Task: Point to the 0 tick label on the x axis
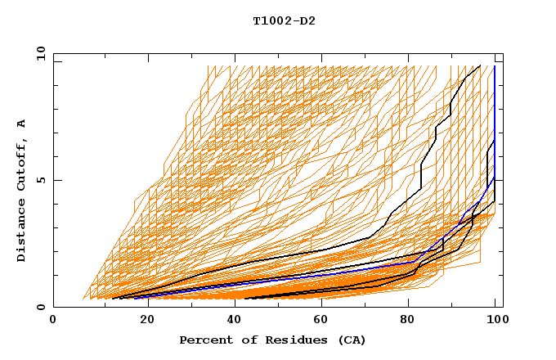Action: coord(54,322)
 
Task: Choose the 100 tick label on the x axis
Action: coord(495,322)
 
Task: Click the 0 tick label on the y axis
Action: coord(40,308)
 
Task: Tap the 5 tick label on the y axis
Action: coord(40,180)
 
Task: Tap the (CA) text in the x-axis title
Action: coord(352,340)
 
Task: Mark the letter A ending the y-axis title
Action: coord(22,124)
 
